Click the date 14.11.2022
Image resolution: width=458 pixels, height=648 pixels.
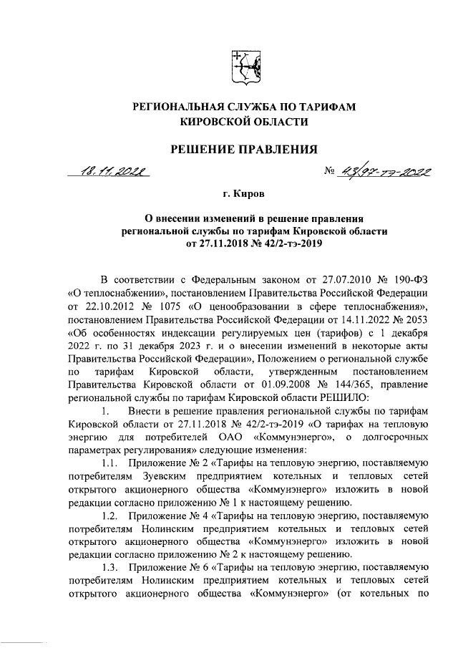point(321,317)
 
